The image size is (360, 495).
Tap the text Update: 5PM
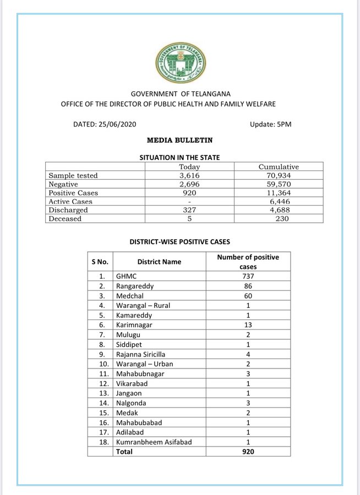pyautogui.click(x=270, y=124)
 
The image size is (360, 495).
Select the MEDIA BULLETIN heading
pyautogui.click(x=179, y=141)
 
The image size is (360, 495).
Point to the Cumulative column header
pyautogui.click(x=279, y=167)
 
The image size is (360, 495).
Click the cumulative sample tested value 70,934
pyautogui.click(x=279, y=175)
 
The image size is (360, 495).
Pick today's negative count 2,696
pyautogui.click(x=189, y=184)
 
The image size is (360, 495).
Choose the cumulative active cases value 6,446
pyautogui.click(x=279, y=201)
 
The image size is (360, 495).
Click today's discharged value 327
pyautogui.click(x=189, y=210)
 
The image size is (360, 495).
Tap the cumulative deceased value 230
pyautogui.click(x=279, y=219)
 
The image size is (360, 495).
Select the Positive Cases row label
pyautogui.click(x=73, y=193)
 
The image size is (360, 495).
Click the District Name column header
pyautogui.click(x=159, y=262)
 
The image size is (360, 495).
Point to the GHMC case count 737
pyautogui.click(x=248, y=276)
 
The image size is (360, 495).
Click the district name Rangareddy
pyautogui.click(x=134, y=287)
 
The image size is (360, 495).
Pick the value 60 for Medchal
pyautogui.click(x=248, y=296)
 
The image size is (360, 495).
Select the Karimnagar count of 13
pyautogui.click(x=248, y=326)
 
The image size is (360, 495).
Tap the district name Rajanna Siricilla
pyautogui.click(x=140, y=355)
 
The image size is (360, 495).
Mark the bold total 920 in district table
pyautogui.click(x=248, y=452)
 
